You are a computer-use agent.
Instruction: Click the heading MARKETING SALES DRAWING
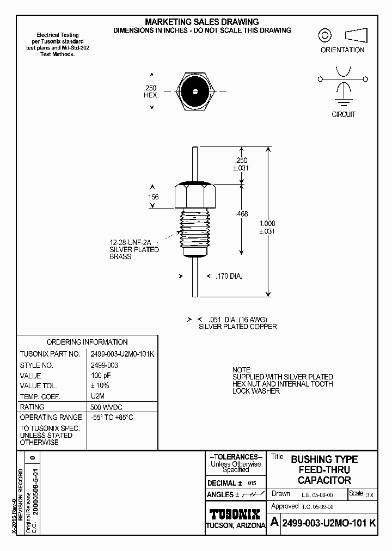tap(201, 22)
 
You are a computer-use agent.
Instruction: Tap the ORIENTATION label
tap(342, 50)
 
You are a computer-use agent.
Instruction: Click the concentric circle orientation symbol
tap(325, 36)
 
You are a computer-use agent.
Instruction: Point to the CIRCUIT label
tap(344, 114)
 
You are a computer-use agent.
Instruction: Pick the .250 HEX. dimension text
tap(150, 91)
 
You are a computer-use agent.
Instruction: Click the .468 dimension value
tap(242, 215)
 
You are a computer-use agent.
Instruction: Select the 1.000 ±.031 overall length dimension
tap(267, 227)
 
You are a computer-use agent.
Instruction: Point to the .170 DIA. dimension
tap(229, 277)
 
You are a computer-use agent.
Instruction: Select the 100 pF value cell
tap(100, 376)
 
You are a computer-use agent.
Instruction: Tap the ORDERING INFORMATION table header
tap(87, 342)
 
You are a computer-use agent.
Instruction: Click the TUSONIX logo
tap(235, 515)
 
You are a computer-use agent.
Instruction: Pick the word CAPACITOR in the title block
tap(324, 480)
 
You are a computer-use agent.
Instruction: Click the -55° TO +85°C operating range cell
tap(112, 417)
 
